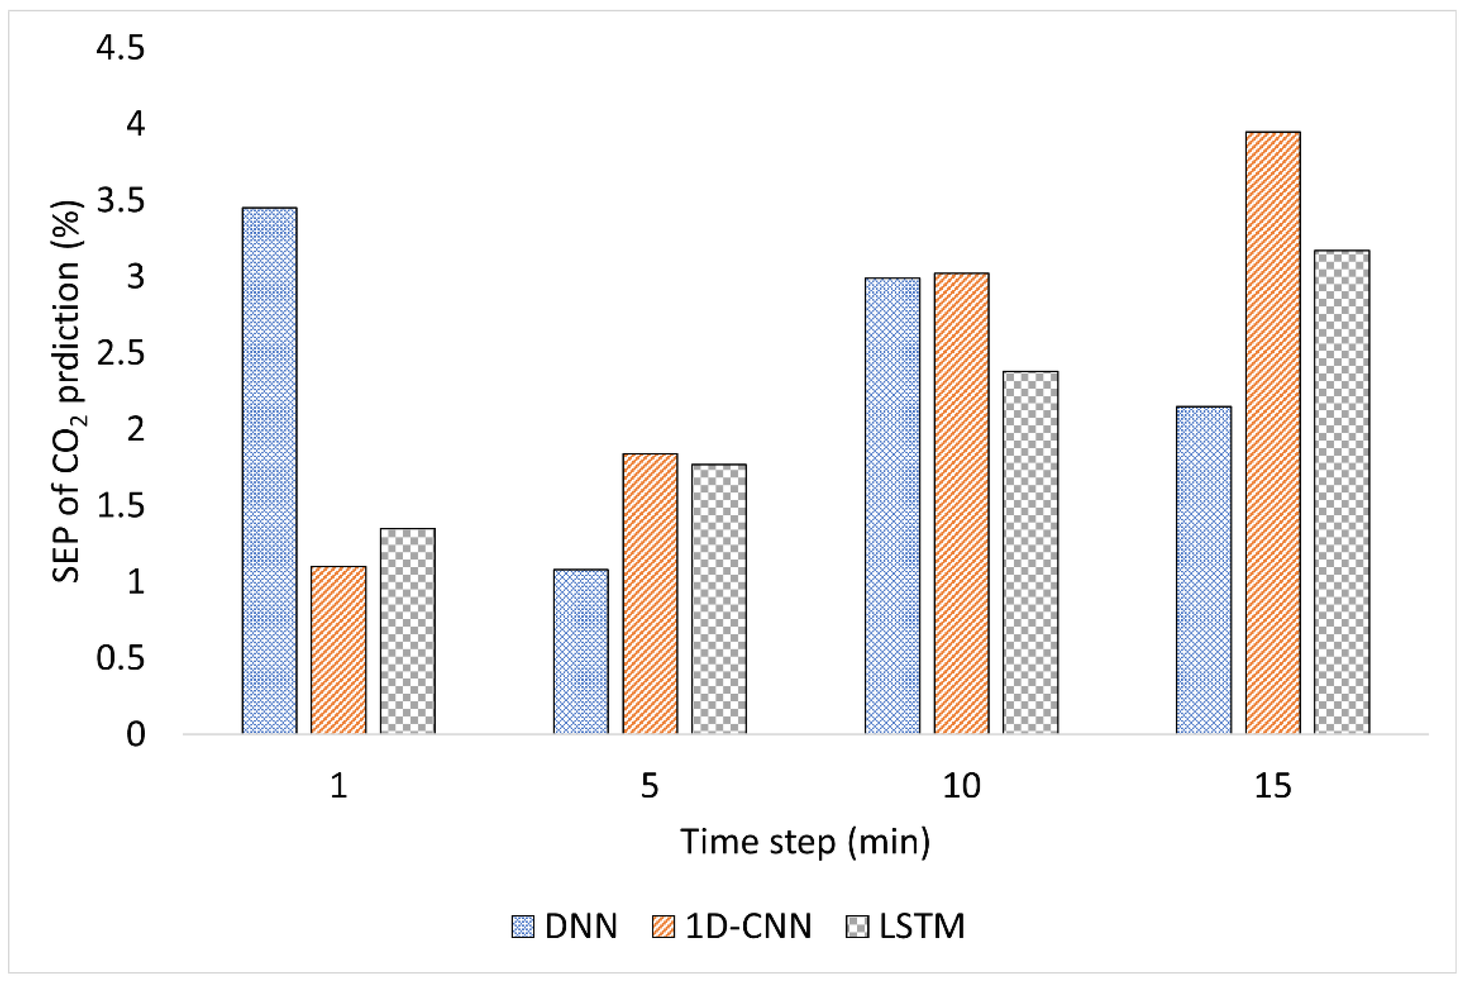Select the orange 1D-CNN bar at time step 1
(x=339, y=650)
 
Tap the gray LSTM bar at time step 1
(x=408, y=631)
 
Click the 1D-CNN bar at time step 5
(x=651, y=593)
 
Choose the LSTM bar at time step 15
(x=1342, y=492)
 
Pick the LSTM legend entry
(x=905, y=926)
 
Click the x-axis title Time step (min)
(x=805, y=842)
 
